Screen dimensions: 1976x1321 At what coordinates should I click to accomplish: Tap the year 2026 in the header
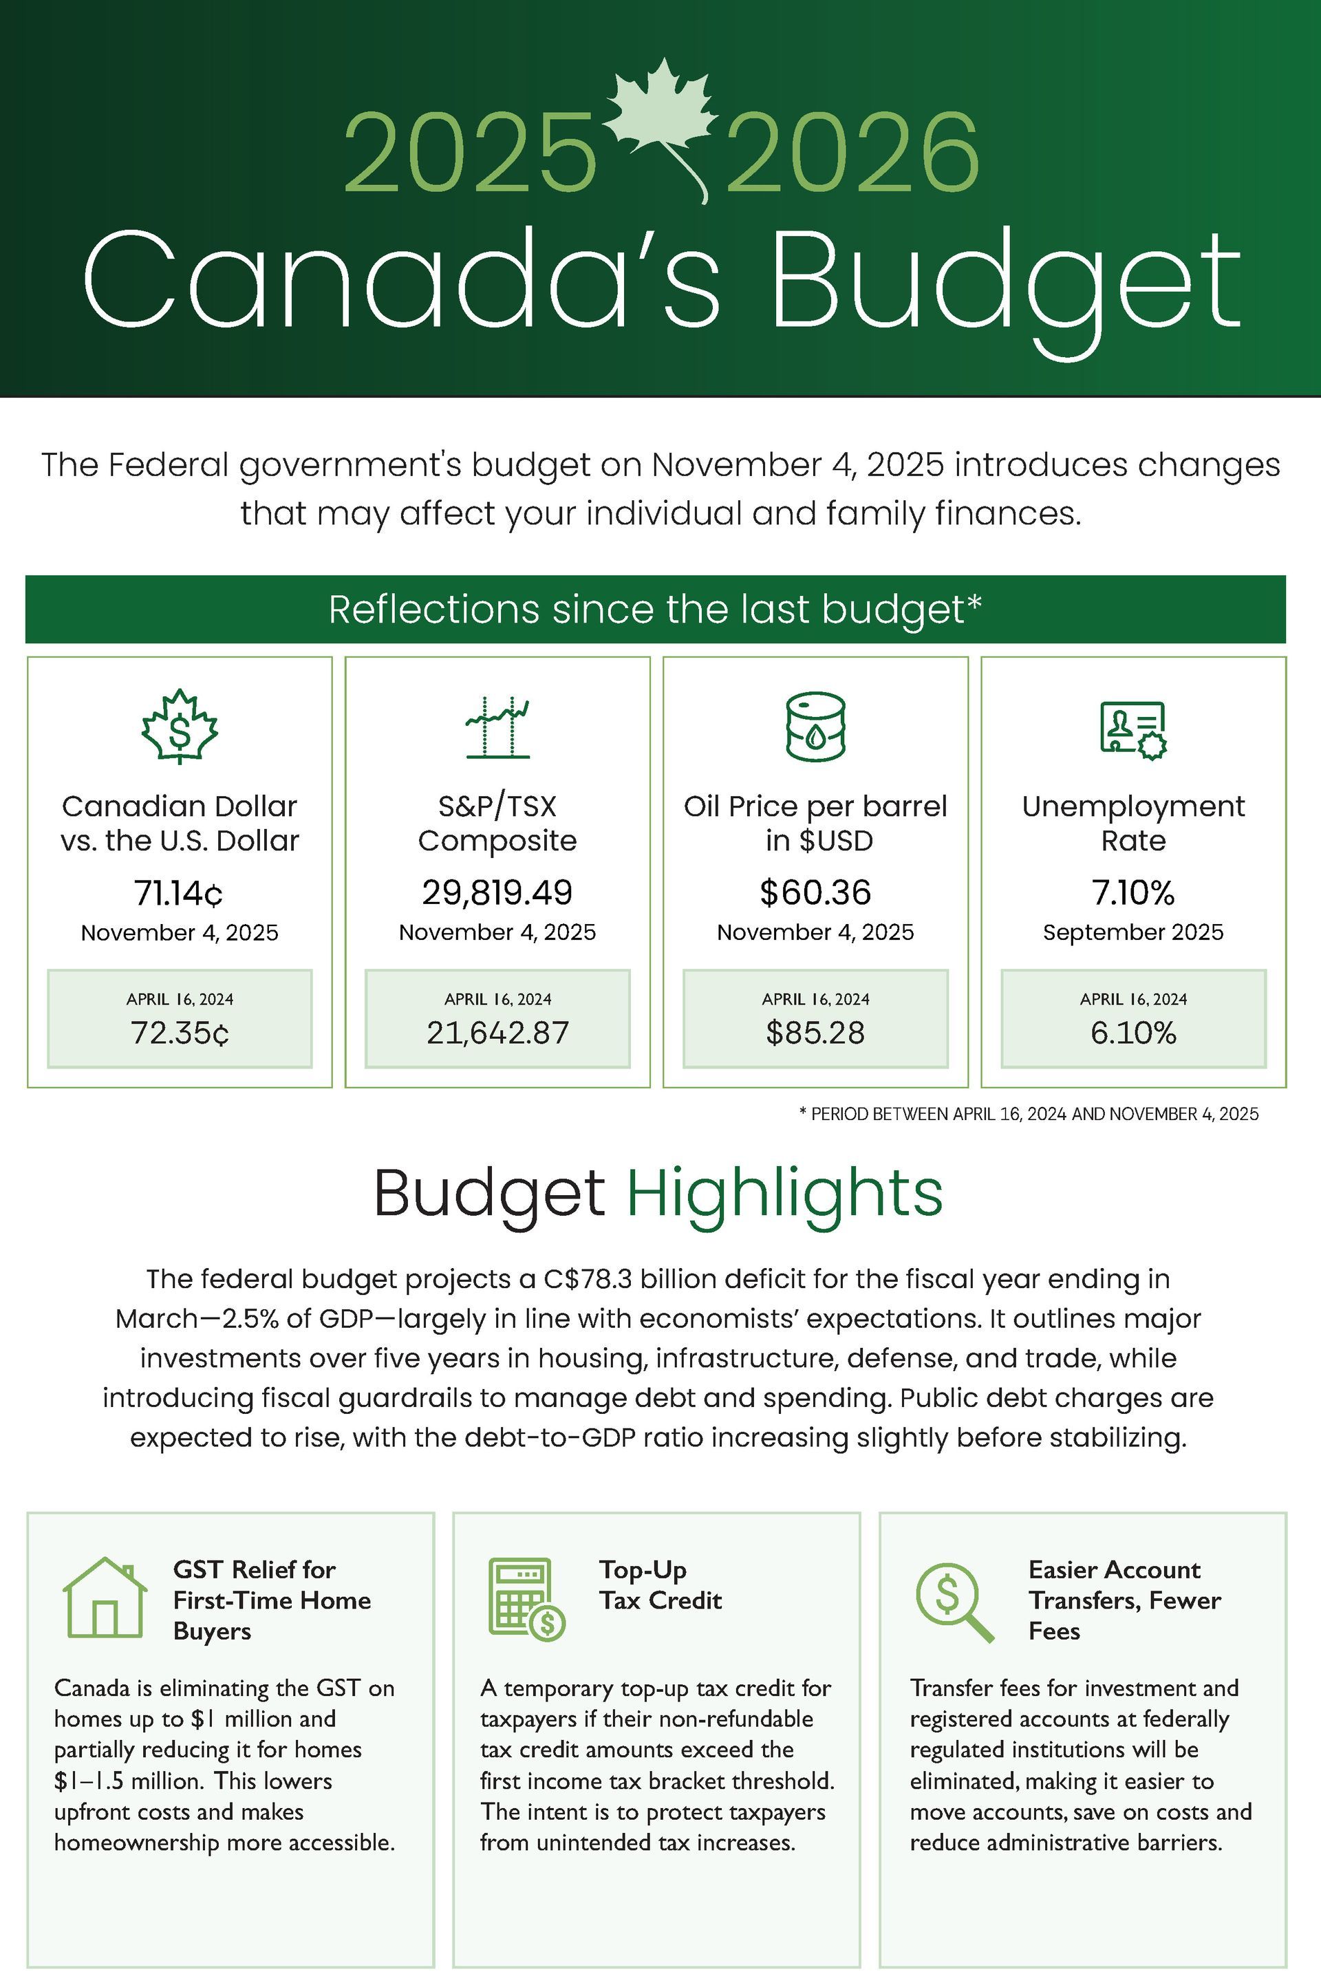pos(852,153)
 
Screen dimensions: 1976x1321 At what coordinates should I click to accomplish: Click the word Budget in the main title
pos(1006,283)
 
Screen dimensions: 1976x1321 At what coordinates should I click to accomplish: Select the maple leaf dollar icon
pos(180,727)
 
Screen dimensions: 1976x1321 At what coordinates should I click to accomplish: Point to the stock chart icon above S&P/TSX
pos(497,728)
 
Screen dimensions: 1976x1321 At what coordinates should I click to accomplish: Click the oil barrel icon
pos(815,726)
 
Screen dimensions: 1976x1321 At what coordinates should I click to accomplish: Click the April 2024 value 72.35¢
pos(180,1033)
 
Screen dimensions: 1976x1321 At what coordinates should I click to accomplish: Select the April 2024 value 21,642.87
pos(497,1033)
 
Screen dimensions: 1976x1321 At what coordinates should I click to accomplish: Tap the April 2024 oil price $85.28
pos(815,1033)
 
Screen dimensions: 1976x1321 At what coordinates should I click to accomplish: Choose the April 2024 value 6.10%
pos(1133,1033)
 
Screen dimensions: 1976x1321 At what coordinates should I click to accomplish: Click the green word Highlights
pos(784,1192)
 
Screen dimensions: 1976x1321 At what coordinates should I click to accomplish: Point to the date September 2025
pos(1133,932)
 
